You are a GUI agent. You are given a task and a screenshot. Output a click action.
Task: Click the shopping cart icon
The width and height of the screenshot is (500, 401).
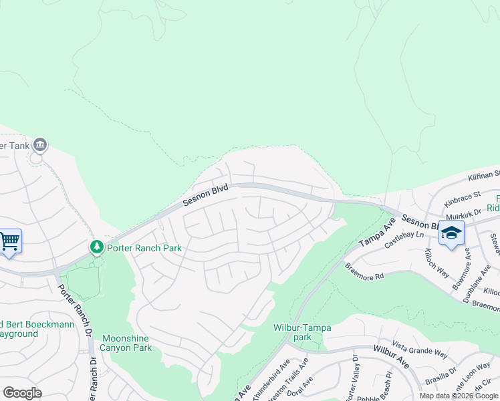[9, 241]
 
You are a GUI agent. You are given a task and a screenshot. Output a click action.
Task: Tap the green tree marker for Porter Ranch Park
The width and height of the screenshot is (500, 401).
[97, 248]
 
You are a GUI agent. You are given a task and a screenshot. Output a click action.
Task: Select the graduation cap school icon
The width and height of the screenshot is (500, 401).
[451, 233]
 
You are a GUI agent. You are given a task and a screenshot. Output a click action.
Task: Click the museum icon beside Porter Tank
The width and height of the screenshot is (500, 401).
[39, 145]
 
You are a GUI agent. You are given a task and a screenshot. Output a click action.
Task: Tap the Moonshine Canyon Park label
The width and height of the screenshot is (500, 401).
[126, 343]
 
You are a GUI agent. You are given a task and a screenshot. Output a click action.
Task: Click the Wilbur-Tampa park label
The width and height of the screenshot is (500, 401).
[301, 332]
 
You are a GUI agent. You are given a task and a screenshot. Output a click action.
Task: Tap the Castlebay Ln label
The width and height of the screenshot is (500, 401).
[405, 240]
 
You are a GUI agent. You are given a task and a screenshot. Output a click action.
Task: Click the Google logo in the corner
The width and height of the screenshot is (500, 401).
[23, 392]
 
